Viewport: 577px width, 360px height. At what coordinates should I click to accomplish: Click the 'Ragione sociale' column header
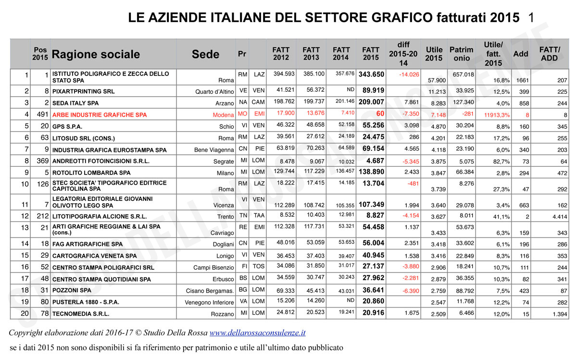pyautogui.click(x=96, y=54)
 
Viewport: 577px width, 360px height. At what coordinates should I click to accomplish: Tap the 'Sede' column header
pyautogui.click(x=205, y=54)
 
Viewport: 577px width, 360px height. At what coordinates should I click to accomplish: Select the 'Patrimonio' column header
pyautogui.click(x=461, y=54)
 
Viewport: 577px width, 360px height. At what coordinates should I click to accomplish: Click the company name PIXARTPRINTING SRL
pyautogui.click(x=83, y=91)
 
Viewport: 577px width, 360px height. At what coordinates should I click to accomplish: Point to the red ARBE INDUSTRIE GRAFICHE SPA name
pyautogui.click(x=100, y=115)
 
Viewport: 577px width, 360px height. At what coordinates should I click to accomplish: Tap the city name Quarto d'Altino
pyautogui.click(x=214, y=92)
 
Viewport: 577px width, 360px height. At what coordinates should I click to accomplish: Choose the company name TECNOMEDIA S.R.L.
pyautogui.click(x=81, y=314)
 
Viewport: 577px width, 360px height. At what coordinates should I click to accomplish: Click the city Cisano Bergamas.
pyautogui.click(x=210, y=291)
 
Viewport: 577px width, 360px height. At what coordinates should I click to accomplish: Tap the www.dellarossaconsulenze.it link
pyautogui.click(x=257, y=332)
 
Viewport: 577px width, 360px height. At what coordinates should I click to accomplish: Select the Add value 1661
pyautogui.click(x=520, y=80)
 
